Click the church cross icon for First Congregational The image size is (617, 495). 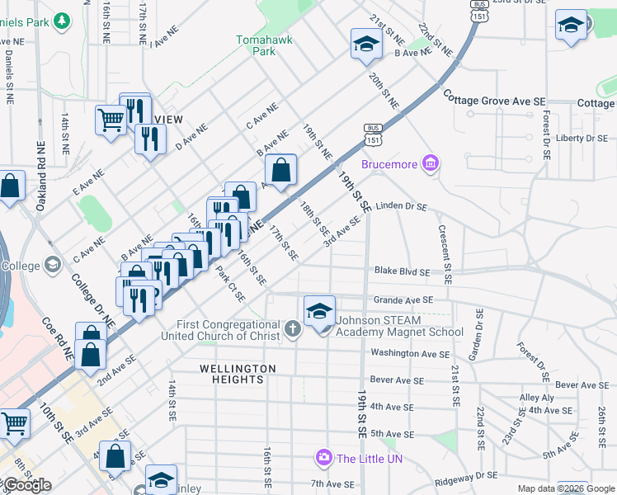click(292, 330)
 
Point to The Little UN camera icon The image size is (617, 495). click(324, 457)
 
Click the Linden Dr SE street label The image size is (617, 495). click(401, 206)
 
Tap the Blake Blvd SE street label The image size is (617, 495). click(402, 271)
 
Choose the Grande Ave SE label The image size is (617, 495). click(403, 301)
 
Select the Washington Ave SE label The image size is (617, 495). click(409, 353)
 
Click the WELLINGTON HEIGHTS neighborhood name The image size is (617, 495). click(232, 374)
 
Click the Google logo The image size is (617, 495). click(26, 485)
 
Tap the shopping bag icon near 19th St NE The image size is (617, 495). click(281, 171)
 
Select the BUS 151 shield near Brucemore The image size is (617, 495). click(373, 132)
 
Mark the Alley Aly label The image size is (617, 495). click(537, 398)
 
